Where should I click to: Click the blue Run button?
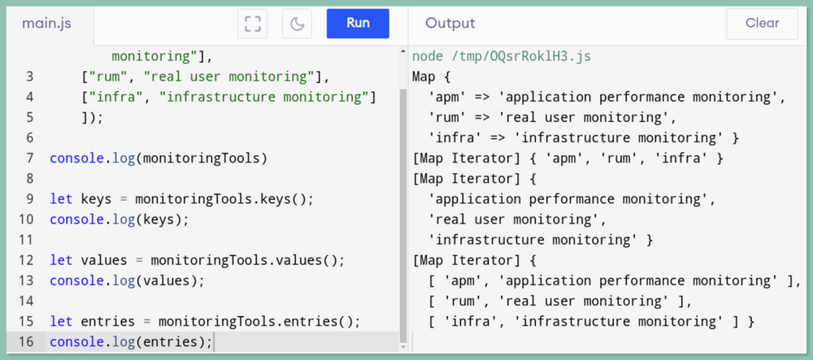click(358, 24)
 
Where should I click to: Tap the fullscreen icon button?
click(253, 24)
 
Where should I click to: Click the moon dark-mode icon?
click(297, 24)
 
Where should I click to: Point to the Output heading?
click(450, 24)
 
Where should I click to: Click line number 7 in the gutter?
click(29, 158)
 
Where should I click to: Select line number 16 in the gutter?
click(25, 342)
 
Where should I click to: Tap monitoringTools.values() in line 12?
click(247, 261)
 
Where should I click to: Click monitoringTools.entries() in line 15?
click(259, 322)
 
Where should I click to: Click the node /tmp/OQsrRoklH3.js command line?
click(502, 56)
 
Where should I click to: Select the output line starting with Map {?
click(432, 76)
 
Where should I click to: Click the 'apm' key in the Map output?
click(447, 97)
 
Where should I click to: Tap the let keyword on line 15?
click(61, 322)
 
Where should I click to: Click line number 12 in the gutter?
click(25, 261)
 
